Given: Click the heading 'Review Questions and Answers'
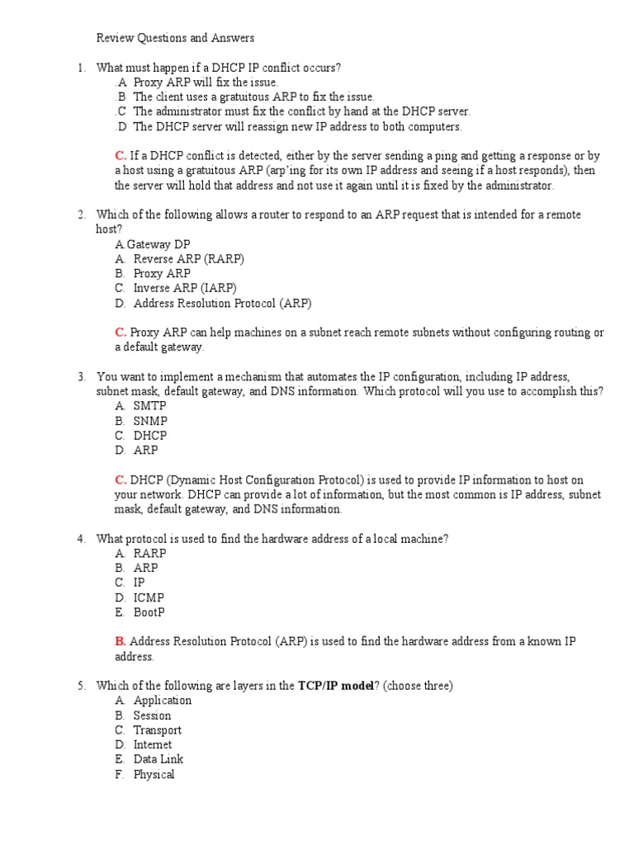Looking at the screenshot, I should (x=175, y=38).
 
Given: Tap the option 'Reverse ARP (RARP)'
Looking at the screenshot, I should (x=188, y=259).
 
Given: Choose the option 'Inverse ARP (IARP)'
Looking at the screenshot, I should (x=184, y=288).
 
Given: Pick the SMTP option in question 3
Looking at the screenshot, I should (x=149, y=406).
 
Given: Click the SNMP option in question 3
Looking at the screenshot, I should (x=150, y=421).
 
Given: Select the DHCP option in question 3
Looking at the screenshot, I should (x=150, y=436).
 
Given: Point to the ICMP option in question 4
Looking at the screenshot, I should (x=149, y=597).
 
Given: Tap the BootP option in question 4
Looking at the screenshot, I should (x=149, y=612).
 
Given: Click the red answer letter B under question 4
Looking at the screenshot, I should (x=120, y=641).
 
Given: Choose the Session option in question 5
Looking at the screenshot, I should (x=152, y=715).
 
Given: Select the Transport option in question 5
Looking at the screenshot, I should (x=157, y=730).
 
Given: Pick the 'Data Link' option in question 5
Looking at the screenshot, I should (x=158, y=759).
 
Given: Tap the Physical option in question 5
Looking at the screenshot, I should (x=154, y=775).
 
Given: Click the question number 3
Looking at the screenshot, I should (x=82, y=377).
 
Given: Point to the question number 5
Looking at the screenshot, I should (x=82, y=686).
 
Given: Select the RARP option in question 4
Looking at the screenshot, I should (x=149, y=554).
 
